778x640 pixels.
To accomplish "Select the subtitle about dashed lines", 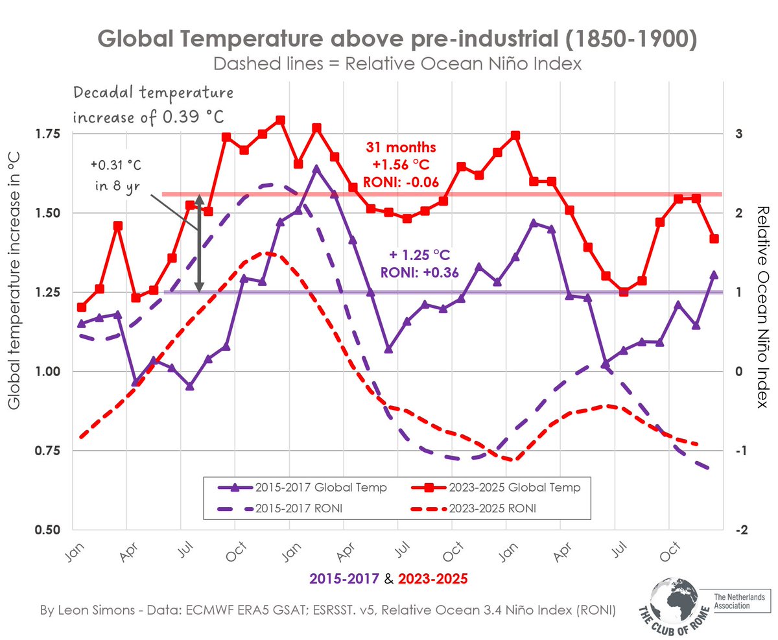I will [396, 64].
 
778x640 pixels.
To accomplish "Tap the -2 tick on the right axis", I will [740, 530].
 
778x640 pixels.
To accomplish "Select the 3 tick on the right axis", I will [737, 134].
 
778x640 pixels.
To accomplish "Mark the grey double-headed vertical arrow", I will [200, 243].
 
